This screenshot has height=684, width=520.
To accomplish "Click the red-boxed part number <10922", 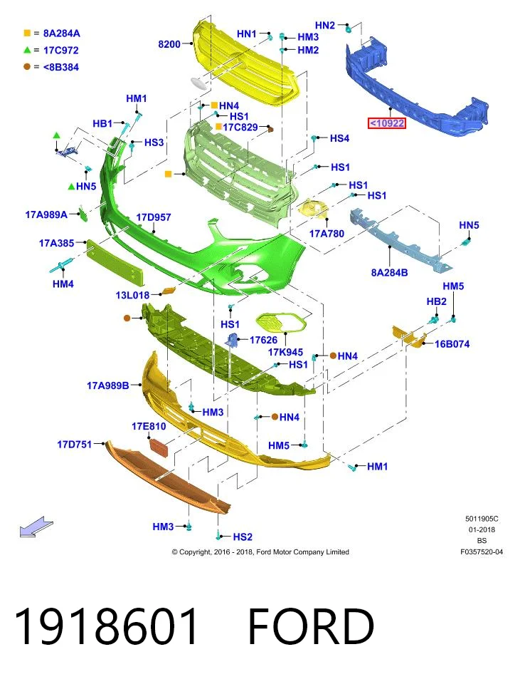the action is (387, 123).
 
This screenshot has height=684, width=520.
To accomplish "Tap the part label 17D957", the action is (154, 217).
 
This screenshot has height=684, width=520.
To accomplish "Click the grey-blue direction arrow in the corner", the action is (36, 526).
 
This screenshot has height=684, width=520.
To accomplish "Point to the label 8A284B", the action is (389, 273).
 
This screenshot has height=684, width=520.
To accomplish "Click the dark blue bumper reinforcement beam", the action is (416, 87).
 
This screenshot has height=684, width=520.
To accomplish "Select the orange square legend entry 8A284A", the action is (52, 33).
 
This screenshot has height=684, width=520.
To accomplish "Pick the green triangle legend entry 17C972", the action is (51, 50).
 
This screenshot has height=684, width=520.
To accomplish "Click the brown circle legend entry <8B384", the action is (51, 67).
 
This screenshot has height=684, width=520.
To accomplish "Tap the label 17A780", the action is (327, 234).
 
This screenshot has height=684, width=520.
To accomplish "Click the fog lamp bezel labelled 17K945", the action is (280, 323).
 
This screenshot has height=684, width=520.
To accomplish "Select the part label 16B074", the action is (452, 343).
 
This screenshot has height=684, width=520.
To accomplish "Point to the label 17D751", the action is (75, 445).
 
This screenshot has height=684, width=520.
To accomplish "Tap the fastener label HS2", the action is (243, 537).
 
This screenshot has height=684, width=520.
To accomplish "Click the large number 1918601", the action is (106, 626).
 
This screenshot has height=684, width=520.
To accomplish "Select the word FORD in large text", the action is (311, 626).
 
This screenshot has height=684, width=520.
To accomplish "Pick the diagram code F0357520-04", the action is (482, 551).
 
